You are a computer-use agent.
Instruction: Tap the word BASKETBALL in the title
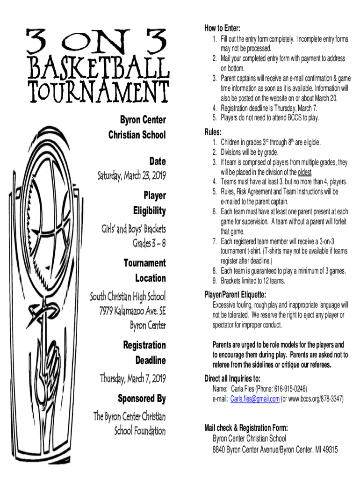[x=97, y=68]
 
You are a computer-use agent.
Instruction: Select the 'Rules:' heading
[x=213, y=132]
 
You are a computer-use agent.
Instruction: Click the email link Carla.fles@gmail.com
[x=255, y=399]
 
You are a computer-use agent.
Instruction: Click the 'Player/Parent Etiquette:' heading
[x=236, y=295]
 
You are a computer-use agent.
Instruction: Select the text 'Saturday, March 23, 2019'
[x=131, y=176]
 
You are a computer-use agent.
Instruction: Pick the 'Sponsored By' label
[x=143, y=399]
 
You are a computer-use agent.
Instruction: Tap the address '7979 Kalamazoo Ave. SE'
[x=132, y=311]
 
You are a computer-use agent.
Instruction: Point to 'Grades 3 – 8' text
[x=149, y=244]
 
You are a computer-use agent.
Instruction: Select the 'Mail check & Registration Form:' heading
[x=246, y=428]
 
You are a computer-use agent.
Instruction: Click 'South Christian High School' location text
[x=128, y=297]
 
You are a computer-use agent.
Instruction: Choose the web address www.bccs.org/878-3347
[x=316, y=399]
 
